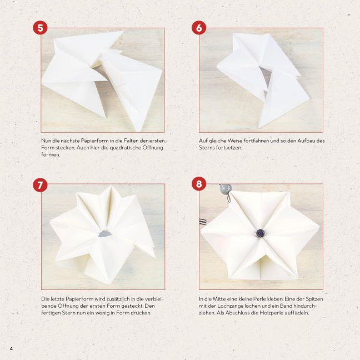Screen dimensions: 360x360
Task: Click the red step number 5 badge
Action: click(40, 28)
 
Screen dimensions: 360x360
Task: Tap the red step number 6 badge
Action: click(199, 28)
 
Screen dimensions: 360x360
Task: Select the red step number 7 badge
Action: click(40, 185)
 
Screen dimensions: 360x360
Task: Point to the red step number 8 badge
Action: click(199, 184)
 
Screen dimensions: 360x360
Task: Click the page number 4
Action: click(11, 349)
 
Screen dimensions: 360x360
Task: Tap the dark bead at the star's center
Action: click(261, 233)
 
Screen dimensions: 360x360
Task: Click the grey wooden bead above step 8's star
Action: click(225, 188)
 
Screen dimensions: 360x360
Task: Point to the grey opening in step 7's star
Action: click(104, 234)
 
